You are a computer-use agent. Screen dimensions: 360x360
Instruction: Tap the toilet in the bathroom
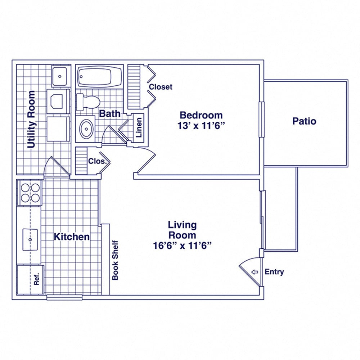point(88,102)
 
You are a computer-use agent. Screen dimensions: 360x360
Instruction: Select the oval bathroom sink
point(86,129)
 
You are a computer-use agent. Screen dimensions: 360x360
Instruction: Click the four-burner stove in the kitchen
point(30,192)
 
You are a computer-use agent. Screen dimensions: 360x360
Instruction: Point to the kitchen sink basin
point(30,239)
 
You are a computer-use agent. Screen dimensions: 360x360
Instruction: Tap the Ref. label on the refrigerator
point(36,279)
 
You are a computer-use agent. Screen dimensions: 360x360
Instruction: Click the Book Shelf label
point(115,260)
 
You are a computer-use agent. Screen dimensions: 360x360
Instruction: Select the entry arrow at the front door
point(255,272)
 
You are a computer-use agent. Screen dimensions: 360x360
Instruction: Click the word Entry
point(274,272)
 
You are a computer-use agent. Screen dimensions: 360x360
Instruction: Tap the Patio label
point(304,121)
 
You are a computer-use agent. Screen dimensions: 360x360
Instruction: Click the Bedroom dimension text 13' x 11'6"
point(201,126)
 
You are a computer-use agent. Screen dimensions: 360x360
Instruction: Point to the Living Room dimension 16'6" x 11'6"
point(182,246)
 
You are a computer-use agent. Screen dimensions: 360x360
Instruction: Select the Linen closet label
point(139,127)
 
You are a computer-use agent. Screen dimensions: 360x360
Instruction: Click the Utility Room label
point(31,120)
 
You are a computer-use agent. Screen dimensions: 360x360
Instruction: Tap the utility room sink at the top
point(60,76)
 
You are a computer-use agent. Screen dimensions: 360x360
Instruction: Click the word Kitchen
point(72,237)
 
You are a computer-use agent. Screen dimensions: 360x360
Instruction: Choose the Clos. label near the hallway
point(98,161)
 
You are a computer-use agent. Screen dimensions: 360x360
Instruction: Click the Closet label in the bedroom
point(161,87)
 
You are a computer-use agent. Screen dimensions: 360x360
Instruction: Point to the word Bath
point(109,113)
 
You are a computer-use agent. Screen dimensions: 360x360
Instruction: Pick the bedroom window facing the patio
point(261,120)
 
